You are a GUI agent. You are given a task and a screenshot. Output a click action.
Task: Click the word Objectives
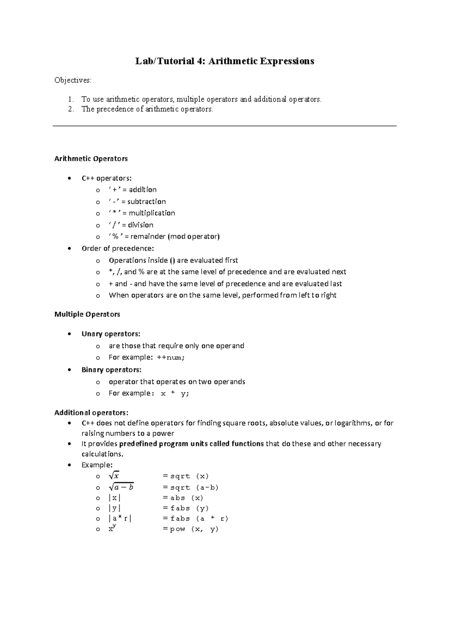tap(72, 80)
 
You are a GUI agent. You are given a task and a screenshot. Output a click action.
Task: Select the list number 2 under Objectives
tap(71, 109)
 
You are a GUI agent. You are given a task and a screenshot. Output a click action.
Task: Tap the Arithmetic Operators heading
tap(91, 159)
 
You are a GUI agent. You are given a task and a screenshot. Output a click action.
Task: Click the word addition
tap(142, 190)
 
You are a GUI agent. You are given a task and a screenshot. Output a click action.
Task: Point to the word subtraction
tap(146, 202)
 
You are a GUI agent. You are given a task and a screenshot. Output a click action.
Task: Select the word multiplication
tap(152, 213)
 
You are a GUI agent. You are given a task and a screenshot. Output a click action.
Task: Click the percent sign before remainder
tap(115, 237)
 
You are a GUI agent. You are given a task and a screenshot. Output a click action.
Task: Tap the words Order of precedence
tap(117, 249)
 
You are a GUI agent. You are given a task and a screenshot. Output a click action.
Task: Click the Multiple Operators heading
tap(87, 314)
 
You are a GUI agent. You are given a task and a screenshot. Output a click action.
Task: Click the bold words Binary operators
tap(111, 370)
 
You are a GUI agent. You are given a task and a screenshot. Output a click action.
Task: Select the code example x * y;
tap(175, 394)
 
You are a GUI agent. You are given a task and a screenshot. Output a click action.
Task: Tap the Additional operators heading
tap(91, 413)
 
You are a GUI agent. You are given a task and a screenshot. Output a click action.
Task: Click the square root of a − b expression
tap(121, 487)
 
